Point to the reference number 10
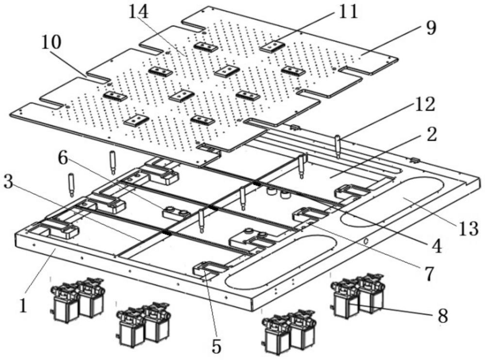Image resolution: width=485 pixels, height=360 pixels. click(x=51, y=44)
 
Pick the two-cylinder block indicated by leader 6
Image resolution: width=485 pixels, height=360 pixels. click(x=176, y=212)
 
